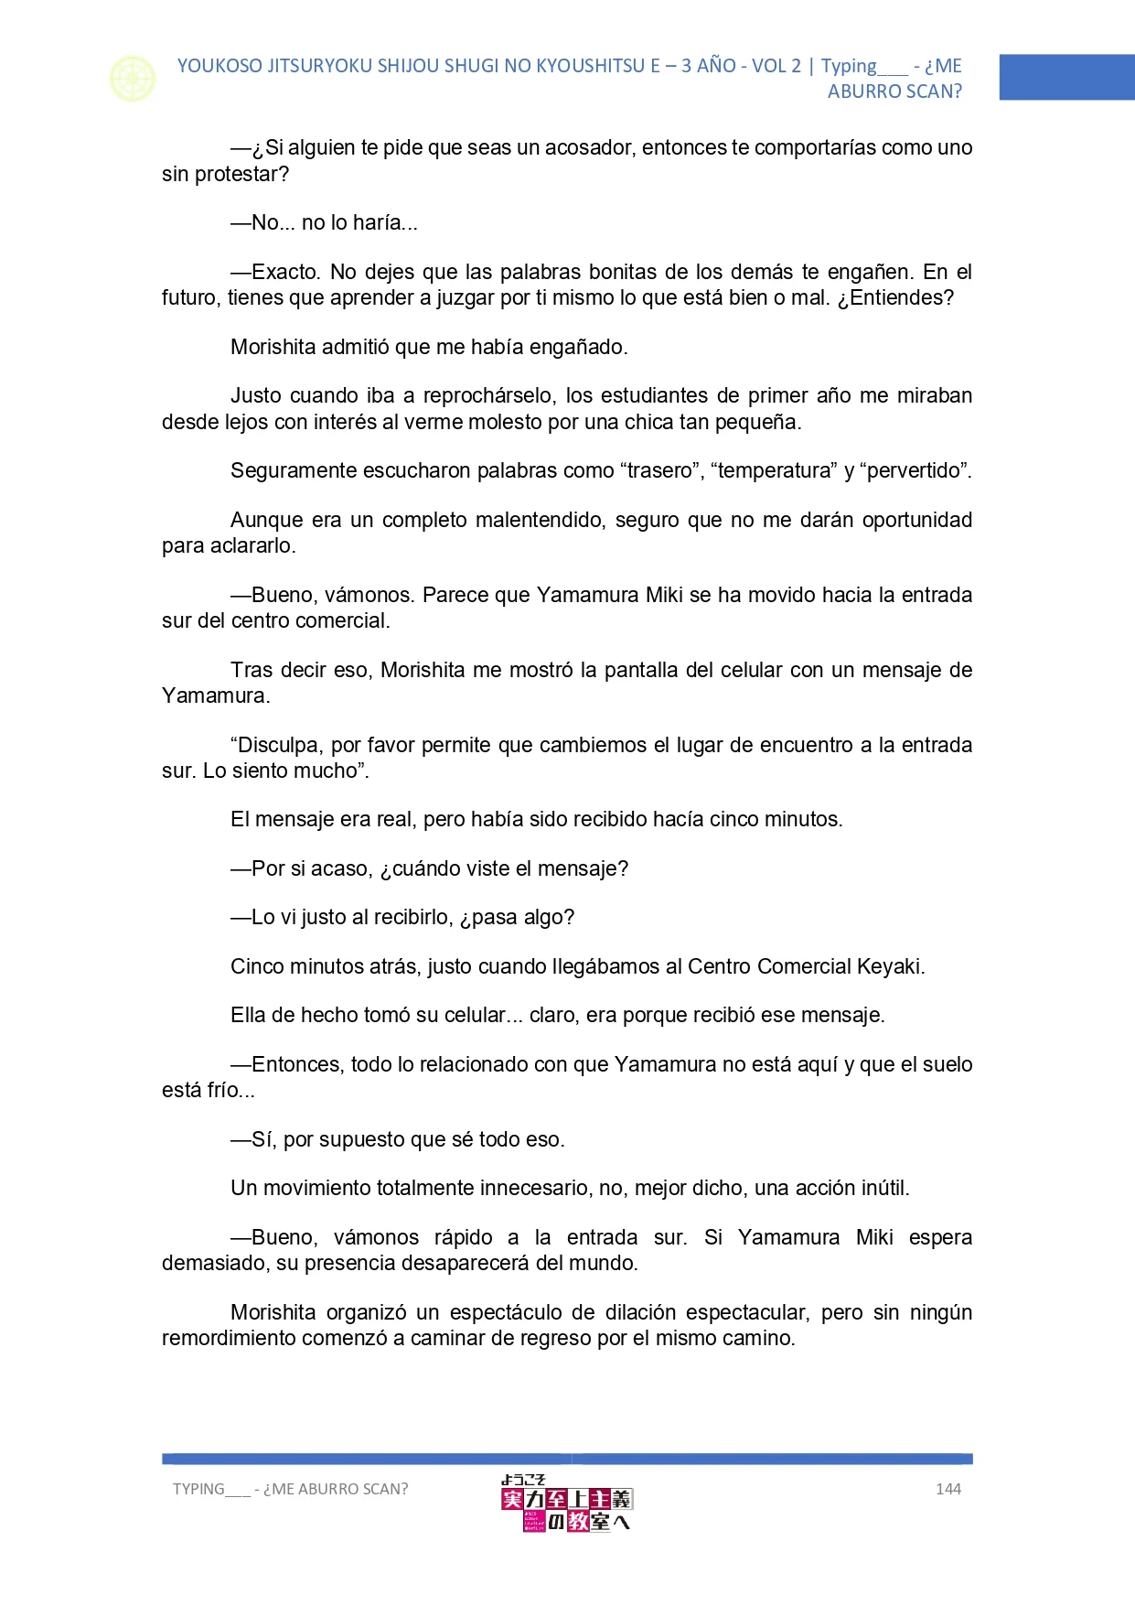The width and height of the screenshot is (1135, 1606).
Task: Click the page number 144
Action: (x=948, y=1489)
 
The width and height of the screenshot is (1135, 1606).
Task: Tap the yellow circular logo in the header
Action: (x=133, y=79)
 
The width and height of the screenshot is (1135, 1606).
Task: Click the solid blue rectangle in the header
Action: (x=1066, y=77)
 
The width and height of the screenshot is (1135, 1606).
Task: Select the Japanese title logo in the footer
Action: (x=566, y=1503)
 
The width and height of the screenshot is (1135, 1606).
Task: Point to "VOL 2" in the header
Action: (x=776, y=66)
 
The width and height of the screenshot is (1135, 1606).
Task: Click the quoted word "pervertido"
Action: (x=915, y=470)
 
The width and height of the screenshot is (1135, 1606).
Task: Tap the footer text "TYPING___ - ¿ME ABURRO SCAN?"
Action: (x=290, y=1489)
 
